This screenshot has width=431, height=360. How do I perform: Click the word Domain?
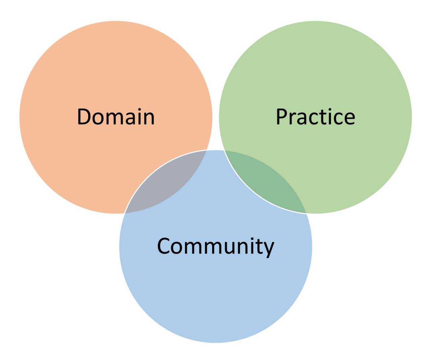point(116,117)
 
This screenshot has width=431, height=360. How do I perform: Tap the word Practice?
point(316,117)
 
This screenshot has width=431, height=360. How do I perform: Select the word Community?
point(215,246)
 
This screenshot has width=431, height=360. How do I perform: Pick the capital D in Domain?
point(84,117)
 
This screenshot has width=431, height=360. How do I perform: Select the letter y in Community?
point(269,249)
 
